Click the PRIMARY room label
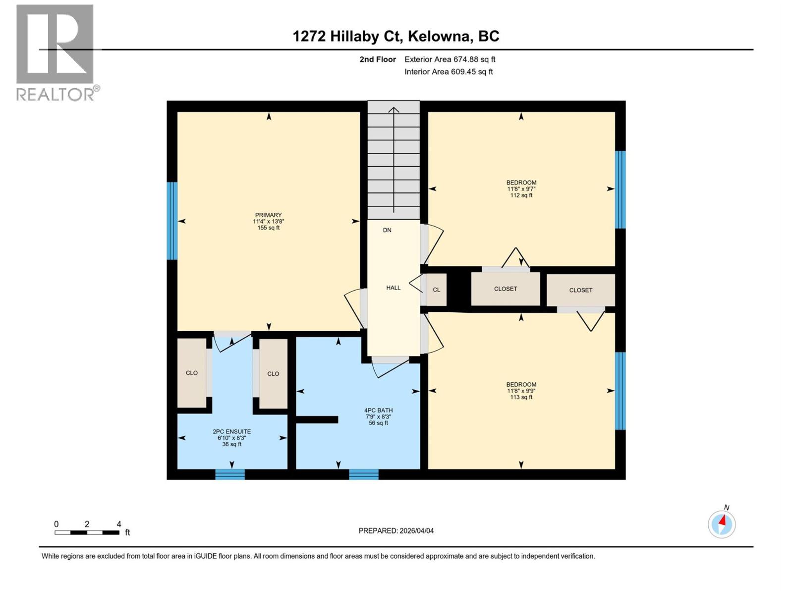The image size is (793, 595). click(x=268, y=221)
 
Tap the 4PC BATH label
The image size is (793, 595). click(x=378, y=416)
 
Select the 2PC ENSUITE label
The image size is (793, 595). click(x=232, y=437)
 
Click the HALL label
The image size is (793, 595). click(x=393, y=288)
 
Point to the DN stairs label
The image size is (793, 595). click(x=387, y=230)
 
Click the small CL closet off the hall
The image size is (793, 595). click(x=436, y=290)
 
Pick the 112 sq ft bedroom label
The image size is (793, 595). click(x=521, y=189)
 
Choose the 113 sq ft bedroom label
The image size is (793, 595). click(x=521, y=391)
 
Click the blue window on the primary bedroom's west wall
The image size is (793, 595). click(x=172, y=221)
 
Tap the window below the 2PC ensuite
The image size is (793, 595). click(x=230, y=475)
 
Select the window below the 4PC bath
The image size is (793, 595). click(x=364, y=475)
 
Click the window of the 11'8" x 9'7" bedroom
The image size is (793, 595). click(x=620, y=189)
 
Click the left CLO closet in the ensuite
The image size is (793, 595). click(x=192, y=373)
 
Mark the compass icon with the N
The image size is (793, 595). click(x=722, y=524)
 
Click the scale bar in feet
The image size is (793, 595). click(x=87, y=533)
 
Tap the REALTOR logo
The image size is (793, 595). click(x=56, y=52)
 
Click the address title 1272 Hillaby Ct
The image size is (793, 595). click(x=396, y=36)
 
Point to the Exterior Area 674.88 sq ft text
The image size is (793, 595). click(x=450, y=59)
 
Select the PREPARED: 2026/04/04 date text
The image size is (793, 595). click(x=396, y=531)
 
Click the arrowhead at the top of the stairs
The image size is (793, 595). click(x=394, y=110)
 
